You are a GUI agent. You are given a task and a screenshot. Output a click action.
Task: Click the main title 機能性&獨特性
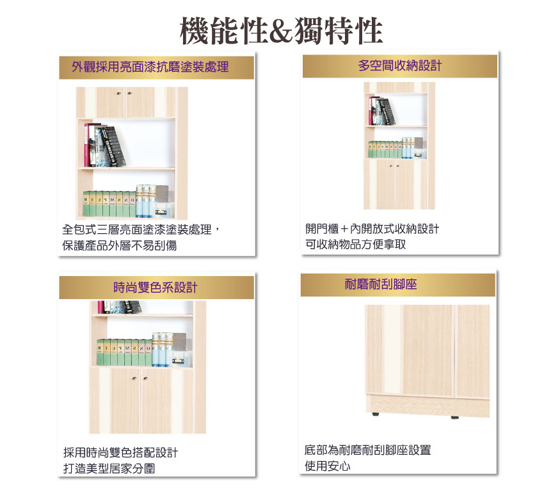click(282, 31)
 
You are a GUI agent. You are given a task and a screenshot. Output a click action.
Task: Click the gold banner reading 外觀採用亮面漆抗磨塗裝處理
click(156, 67)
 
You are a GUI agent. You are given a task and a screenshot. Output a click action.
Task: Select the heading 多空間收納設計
click(399, 65)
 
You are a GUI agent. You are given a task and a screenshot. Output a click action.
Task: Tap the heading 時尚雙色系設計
click(156, 287)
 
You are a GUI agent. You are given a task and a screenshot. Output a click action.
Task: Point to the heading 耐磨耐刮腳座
click(381, 284)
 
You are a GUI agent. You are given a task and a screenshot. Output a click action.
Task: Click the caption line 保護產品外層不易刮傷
click(120, 245)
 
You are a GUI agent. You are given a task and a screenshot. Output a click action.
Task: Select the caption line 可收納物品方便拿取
click(356, 244)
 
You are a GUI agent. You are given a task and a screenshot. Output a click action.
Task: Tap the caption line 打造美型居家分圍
click(109, 468)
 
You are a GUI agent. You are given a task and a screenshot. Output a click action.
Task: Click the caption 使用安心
click(328, 466)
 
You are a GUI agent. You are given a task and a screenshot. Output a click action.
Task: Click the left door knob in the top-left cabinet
click(119, 94)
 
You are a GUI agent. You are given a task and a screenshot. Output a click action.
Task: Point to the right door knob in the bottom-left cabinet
click(145, 378)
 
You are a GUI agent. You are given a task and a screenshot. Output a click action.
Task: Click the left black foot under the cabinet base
click(375, 414)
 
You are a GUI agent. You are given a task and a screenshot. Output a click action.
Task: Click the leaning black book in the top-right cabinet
click(387, 111)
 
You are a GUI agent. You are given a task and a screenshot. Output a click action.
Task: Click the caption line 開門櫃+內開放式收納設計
click(372, 229)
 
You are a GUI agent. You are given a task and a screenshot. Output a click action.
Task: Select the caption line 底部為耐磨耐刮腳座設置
click(368, 450)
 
